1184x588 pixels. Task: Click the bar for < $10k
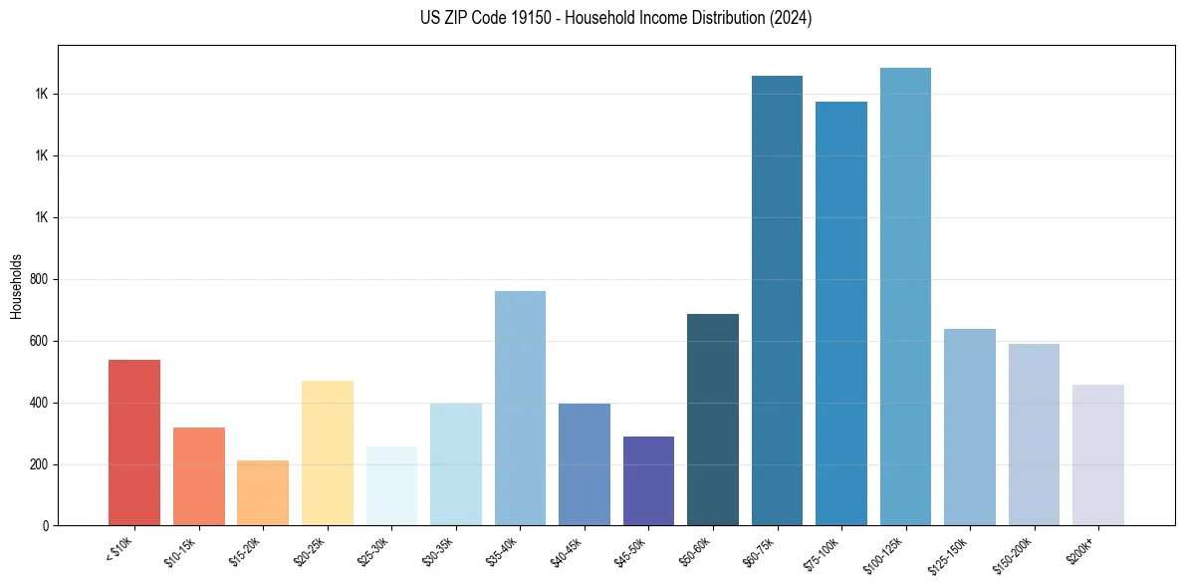point(133,442)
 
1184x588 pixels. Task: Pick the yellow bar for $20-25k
point(327,452)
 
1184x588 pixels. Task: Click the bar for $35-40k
point(520,408)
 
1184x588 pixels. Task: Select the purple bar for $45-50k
point(648,480)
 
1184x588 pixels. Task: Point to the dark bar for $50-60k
point(713,420)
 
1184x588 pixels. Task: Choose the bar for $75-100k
point(841,313)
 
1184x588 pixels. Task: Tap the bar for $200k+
point(1098,454)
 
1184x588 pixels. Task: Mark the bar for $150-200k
point(1034,435)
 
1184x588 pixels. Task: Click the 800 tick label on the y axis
point(37,280)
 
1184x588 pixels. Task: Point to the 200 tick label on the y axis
point(37,465)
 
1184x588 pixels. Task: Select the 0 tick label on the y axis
point(44,526)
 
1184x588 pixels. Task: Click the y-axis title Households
point(16,286)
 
